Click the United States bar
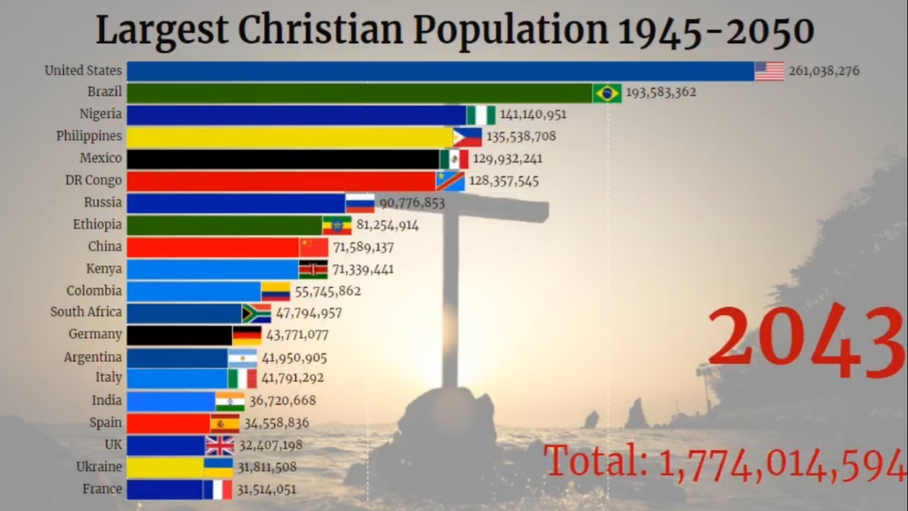tap(440, 71)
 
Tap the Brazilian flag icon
tap(607, 93)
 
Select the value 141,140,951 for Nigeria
tap(533, 114)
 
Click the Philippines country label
tap(89, 136)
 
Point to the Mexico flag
tap(454, 158)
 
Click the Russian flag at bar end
tap(360, 203)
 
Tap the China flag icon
tap(314, 247)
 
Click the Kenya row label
tap(104, 269)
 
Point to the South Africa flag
tap(256, 313)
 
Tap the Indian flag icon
tap(230, 401)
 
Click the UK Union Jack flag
tap(219, 446)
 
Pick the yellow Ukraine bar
tap(165, 467)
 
